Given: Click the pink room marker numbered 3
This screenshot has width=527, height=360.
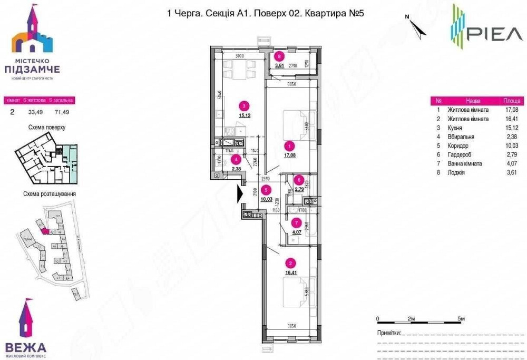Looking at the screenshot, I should point(242,105).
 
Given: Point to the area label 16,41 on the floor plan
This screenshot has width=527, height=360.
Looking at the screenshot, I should point(289,274).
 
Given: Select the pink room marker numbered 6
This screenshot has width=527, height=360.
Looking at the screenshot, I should point(298,179).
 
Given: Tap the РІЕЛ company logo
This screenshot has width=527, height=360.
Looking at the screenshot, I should point(486,31).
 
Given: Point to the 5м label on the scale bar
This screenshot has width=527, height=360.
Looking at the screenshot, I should point(462,319).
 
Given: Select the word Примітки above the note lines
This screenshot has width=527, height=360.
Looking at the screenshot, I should point(389,334).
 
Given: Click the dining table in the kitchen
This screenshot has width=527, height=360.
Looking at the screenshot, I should point(237,69).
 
